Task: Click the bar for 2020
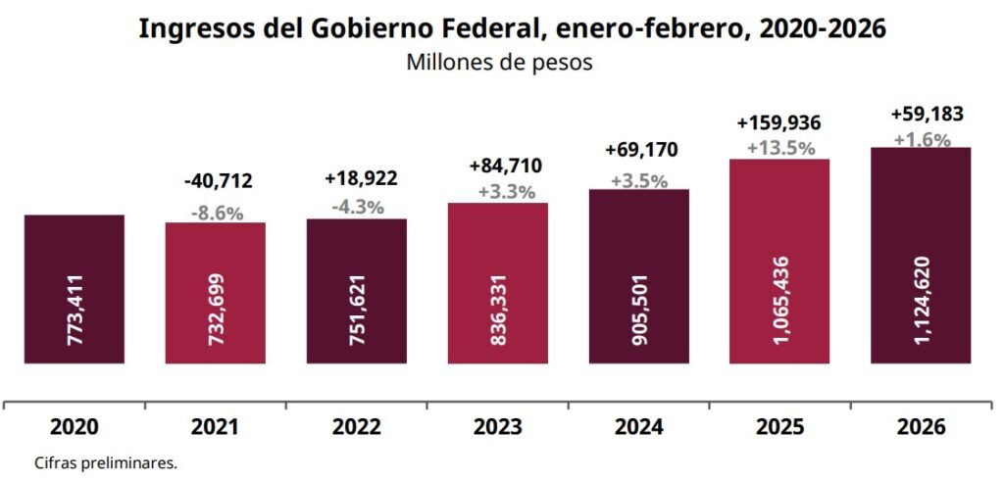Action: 74,288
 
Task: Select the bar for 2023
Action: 497,283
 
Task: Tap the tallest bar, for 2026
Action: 921,255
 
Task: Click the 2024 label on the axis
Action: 639,427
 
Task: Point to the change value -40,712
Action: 218,180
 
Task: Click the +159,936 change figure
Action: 778,123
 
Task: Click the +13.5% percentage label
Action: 780,148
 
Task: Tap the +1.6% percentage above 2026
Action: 922,139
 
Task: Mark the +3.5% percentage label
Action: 639,180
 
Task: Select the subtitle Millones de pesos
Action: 500,63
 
